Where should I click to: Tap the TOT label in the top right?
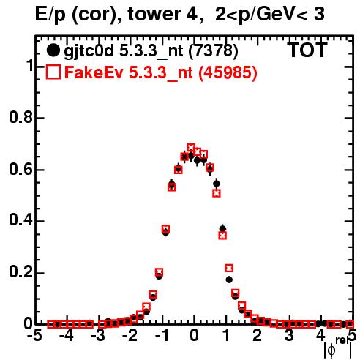[307, 50]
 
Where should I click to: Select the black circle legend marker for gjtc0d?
[53, 50]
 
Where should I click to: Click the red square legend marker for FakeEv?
[53, 72]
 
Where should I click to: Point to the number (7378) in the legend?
[213, 51]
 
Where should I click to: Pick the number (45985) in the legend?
[228, 72]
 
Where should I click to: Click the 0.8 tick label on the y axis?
[20, 117]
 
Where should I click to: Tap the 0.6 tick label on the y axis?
[20, 169]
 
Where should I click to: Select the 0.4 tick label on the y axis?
[20, 221]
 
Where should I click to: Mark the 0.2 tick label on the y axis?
[20, 272]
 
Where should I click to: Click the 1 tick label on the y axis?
[29, 66]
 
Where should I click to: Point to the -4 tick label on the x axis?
[67, 336]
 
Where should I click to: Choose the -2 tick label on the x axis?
[130, 336]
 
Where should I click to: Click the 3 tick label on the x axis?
[289, 336]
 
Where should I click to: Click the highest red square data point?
[191, 148]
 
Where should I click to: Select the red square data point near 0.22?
[229, 268]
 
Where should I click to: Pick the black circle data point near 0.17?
[229, 280]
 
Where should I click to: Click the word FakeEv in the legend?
[94, 72]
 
